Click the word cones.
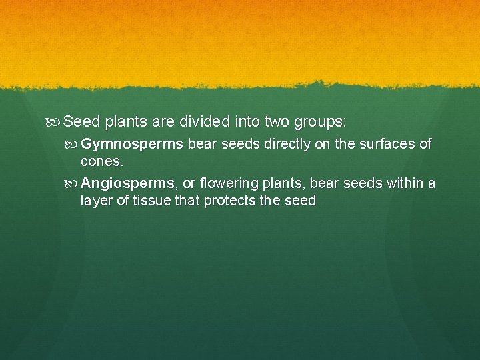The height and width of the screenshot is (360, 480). pos(101,161)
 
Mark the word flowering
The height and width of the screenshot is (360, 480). pos(231,184)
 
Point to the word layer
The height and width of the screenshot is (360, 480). pos(97,201)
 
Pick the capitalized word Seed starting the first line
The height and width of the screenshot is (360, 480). pos(82,122)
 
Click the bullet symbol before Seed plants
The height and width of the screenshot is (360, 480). pos(55,123)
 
